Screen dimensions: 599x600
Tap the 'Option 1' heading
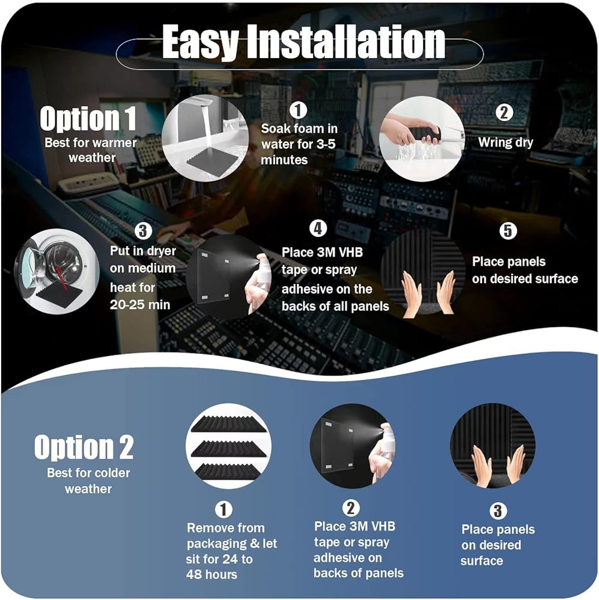pos(88,118)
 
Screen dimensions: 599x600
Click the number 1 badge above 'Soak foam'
pos(298,110)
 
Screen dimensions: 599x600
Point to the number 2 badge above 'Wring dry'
pos(504,113)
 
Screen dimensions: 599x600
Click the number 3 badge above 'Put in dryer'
pos(143,231)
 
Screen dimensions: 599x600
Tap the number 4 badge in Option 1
pos(318,229)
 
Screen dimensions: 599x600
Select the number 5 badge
pos(508,231)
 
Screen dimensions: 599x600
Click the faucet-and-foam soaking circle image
pos(205,138)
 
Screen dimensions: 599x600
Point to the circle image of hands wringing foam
pos(422,139)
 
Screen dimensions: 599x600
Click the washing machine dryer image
pos(56,272)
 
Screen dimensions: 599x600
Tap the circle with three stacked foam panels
pos(229,446)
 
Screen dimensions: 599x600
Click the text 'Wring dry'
pos(505,143)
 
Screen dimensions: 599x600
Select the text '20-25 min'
pos(140,305)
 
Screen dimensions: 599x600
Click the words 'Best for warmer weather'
pos(91,150)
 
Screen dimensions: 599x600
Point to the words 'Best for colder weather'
pos(88,481)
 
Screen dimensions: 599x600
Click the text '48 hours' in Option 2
pos(211,574)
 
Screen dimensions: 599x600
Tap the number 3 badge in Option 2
pos(498,511)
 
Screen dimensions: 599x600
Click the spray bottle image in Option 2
pos(353,446)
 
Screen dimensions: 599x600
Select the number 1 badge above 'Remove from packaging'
pos(224,509)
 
